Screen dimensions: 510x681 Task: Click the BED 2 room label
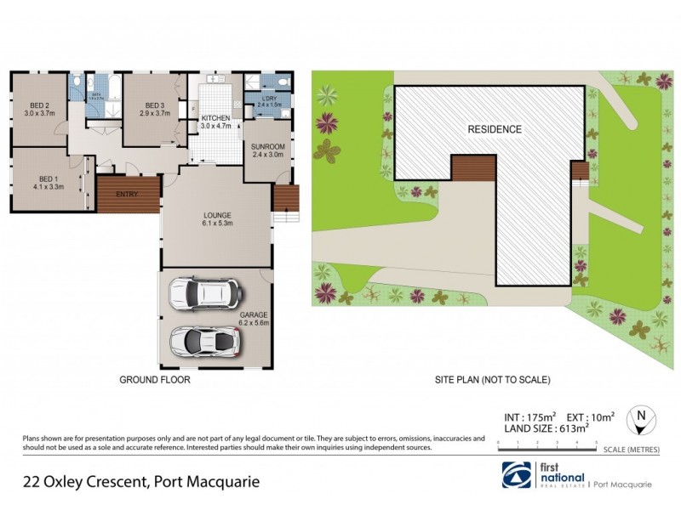coord(39,108)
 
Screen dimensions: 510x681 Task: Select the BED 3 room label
coord(154,108)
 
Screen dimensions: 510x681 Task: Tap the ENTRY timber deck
coord(128,195)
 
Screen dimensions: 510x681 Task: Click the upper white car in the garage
coord(205,292)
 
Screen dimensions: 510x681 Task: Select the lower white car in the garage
coord(205,339)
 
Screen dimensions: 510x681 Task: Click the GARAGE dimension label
coord(254,319)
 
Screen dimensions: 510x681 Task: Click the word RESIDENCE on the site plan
coord(495,129)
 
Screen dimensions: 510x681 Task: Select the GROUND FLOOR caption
coord(154,381)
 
